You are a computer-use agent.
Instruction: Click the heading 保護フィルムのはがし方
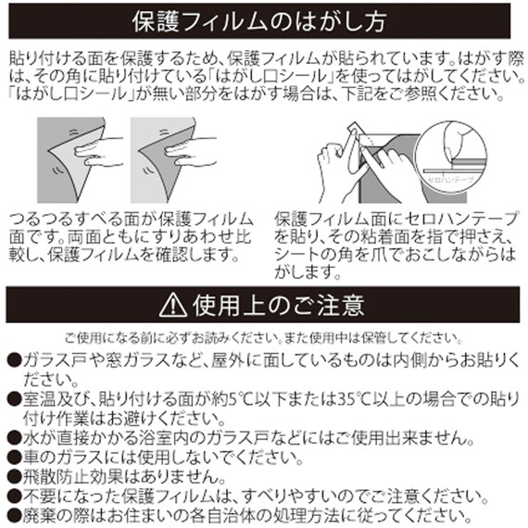click(258, 22)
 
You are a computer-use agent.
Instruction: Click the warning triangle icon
click(173, 305)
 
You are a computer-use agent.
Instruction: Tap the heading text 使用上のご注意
click(279, 306)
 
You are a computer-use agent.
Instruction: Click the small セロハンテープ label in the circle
click(450, 180)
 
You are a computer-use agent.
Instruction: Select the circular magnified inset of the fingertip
click(450, 157)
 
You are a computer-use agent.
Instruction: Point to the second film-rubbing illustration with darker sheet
click(173, 160)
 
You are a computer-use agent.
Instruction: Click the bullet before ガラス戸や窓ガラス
click(14, 360)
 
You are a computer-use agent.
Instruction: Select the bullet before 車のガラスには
click(14, 458)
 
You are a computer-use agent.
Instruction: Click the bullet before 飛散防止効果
click(14, 477)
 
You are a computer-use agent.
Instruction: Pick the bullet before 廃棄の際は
click(14, 516)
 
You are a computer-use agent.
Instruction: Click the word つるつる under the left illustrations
click(41, 220)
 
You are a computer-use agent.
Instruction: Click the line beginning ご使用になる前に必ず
click(263, 337)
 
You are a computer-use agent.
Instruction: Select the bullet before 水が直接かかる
click(14, 438)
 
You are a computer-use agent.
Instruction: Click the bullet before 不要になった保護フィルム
click(14, 496)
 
